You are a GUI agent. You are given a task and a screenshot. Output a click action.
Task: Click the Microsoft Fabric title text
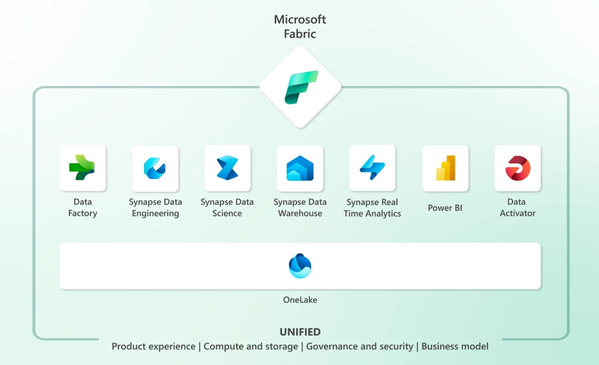[x=300, y=26]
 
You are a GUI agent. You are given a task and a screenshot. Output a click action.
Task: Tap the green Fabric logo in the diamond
[x=301, y=87]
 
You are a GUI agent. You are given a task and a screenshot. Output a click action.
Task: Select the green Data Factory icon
[x=82, y=168]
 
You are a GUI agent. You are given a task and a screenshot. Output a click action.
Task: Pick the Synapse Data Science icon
[x=227, y=168]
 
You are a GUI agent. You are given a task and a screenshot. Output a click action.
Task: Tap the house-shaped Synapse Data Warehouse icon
[x=300, y=168]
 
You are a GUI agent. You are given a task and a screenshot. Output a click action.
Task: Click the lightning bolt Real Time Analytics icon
[x=372, y=168]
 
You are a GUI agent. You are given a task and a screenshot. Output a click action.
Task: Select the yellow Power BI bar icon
[x=445, y=168]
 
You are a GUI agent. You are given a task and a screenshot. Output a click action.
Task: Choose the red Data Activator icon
[x=518, y=168]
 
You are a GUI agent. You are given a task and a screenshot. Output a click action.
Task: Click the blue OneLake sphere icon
[x=300, y=266]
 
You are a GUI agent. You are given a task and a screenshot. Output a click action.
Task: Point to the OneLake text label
[x=300, y=300]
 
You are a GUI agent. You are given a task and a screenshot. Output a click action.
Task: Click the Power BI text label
[x=445, y=207]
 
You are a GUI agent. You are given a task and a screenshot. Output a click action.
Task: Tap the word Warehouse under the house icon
[x=300, y=213]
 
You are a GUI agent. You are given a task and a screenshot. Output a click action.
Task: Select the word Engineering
[x=155, y=213]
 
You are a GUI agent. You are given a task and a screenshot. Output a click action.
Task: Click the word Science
[x=227, y=213]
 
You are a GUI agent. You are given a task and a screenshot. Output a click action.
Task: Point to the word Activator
[x=518, y=213]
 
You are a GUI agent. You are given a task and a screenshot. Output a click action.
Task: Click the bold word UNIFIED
[x=300, y=332]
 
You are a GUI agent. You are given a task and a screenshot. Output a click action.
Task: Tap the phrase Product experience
[x=154, y=346]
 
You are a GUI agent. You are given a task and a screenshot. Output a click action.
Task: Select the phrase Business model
[x=455, y=346]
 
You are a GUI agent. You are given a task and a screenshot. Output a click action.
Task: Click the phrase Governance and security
[x=360, y=347]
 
